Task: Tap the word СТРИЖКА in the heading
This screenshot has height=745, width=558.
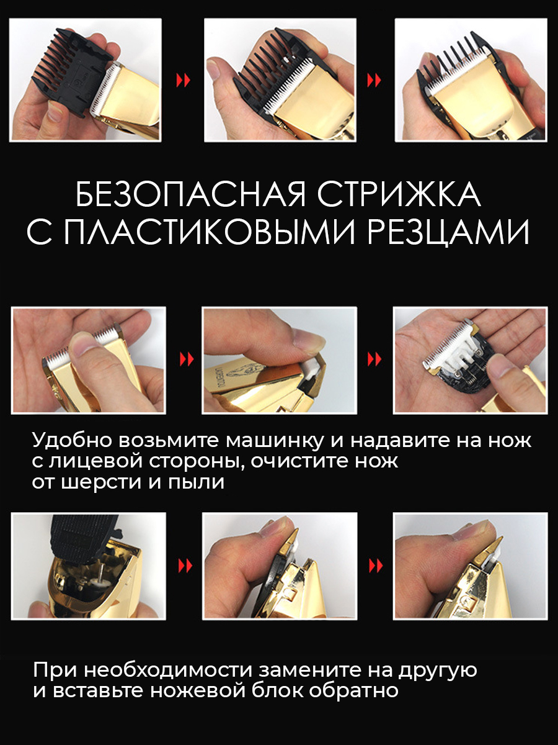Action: (x=399, y=195)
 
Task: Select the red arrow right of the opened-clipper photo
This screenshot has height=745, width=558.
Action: (x=185, y=566)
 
